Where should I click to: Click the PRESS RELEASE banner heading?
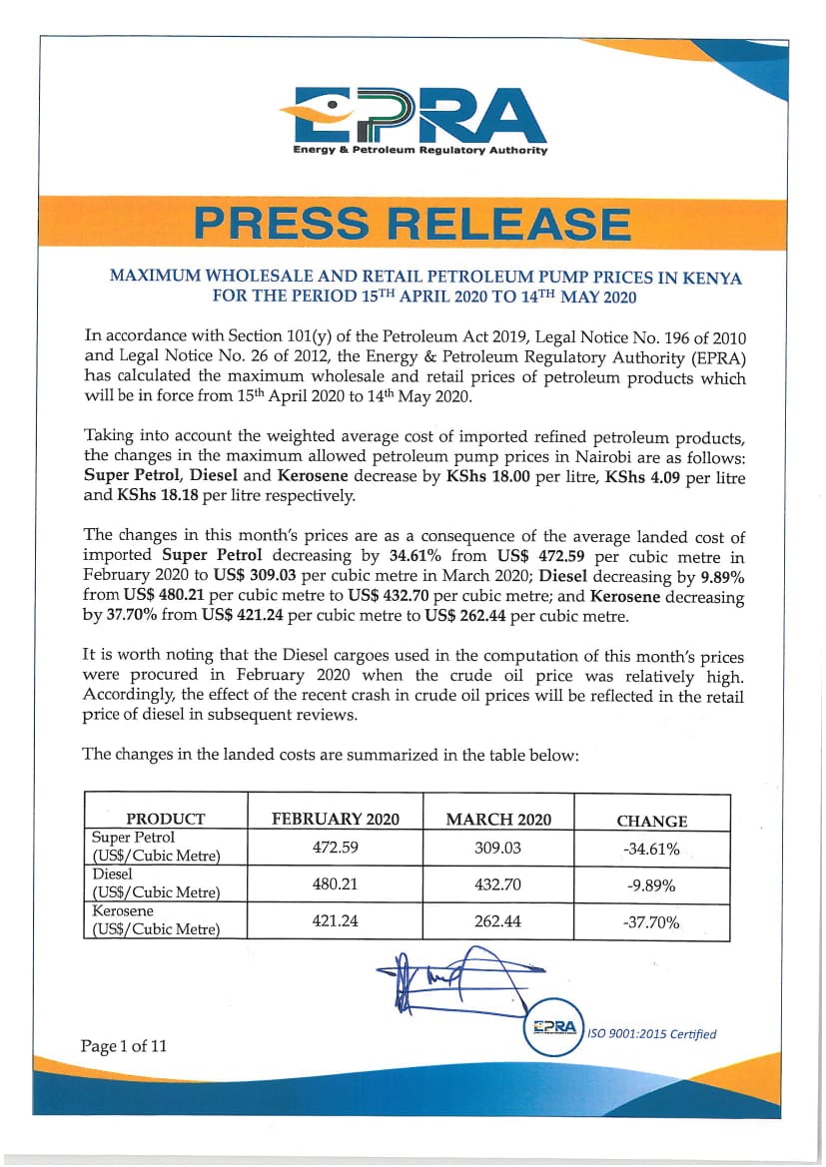413,222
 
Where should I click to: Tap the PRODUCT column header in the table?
166,820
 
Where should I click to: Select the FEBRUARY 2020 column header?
336,820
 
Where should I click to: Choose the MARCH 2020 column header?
497,820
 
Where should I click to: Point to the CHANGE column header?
651,821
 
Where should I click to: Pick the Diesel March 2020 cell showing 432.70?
497,884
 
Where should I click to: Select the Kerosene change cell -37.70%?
651,922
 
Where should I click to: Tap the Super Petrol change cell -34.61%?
651,850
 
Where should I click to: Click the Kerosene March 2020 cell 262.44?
497,921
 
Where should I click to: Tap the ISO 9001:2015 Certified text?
651,1033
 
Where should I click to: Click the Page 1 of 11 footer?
124,1046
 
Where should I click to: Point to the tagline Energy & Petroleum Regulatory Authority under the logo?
419,151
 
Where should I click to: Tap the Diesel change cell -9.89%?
651,885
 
